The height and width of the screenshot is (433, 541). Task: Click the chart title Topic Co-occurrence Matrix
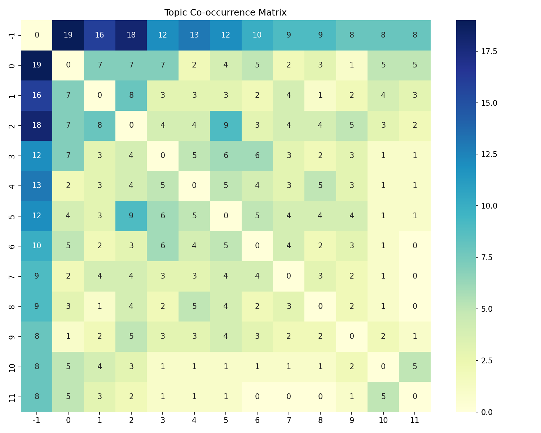click(x=225, y=13)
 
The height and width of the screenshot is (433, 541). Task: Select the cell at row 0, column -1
click(x=37, y=65)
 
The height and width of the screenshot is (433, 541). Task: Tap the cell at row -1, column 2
click(x=131, y=35)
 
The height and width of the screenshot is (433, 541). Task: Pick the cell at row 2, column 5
click(x=226, y=125)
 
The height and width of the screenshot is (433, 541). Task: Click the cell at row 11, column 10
click(x=383, y=397)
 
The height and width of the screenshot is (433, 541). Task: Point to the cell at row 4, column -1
click(x=37, y=185)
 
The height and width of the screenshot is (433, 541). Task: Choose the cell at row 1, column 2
click(x=131, y=95)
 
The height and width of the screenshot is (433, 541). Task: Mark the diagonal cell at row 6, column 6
click(x=257, y=246)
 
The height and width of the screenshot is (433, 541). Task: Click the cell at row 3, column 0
click(x=68, y=156)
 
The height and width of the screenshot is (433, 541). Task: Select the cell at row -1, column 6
click(x=257, y=35)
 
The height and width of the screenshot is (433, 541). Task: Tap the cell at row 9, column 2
click(x=131, y=336)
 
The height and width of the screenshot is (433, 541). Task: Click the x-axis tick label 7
click(x=289, y=420)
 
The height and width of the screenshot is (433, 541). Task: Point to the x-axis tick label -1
click(x=37, y=420)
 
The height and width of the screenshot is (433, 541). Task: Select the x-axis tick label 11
click(x=415, y=420)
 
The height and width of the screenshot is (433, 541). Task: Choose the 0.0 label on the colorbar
click(x=487, y=412)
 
